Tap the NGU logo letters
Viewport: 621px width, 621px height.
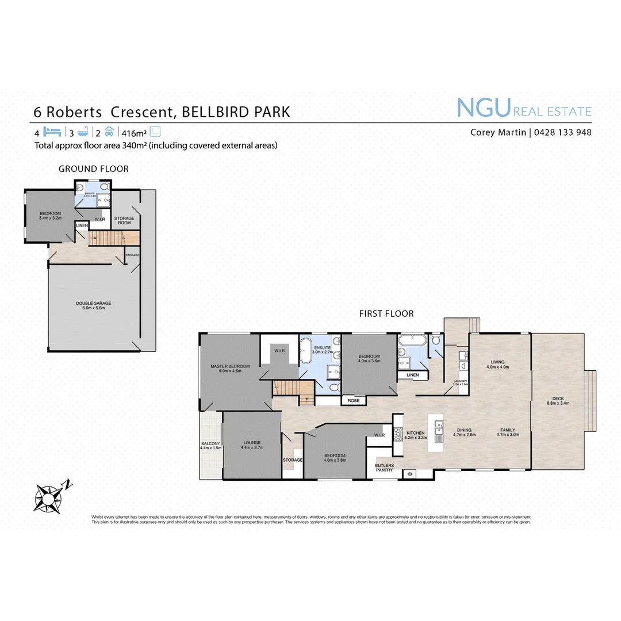[x=484, y=109]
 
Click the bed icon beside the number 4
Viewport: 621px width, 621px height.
[x=52, y=131]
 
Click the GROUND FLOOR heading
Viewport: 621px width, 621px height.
[x=94, y=168]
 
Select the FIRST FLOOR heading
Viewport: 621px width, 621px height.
[x=386, y=313]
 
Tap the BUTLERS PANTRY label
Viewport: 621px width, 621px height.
[x=384, y=467]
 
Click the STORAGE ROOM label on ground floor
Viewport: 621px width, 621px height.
[x=124, y=220]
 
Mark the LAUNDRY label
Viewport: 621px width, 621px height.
[x=461, y=382]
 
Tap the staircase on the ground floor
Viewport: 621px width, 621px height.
[x=109, y=236]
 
